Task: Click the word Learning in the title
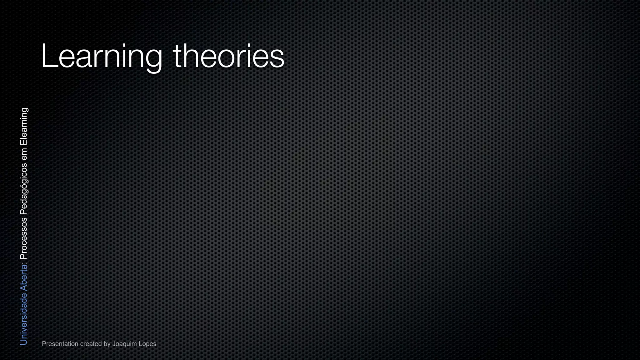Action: click(x=102, y=56)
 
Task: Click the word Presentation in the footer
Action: click(x=60, y=344)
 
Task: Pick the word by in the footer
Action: click(x=107, y=344)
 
